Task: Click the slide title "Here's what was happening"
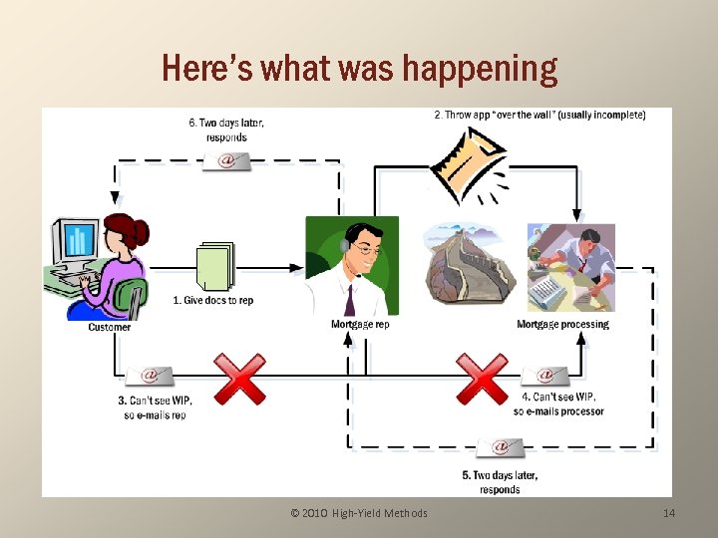pos(359,69)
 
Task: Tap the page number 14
pos(669,513)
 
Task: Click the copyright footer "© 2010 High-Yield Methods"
pos(359,513)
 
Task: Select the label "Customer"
pos(110,327)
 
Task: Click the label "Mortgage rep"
pos(360,324)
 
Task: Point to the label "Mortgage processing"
pos(562,324)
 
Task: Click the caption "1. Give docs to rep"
pos(212,300)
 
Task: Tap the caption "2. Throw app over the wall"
pos(539,115)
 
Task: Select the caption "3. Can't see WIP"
pos(155,406)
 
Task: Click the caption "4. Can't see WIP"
pos(558,403)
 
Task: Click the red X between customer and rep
pos(239,378)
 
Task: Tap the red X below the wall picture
pos(482,378)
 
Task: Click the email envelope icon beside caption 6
pos(226,159)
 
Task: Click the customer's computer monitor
pos(77,241)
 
